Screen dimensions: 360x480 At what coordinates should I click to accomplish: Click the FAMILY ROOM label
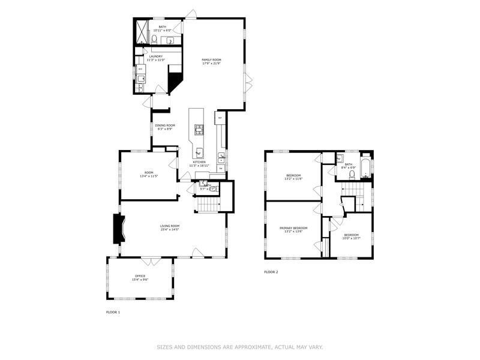(x=211, y=60)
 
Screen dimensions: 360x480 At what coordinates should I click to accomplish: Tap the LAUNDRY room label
(x=156, y=56)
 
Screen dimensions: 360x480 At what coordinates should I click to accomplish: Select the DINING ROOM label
(x=165, y=125)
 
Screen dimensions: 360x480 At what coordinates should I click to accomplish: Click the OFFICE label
(x=140, y=276)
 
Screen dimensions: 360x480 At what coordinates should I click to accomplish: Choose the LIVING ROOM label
(x=170, y=226)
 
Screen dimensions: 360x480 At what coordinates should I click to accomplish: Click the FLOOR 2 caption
(x=271, y=272)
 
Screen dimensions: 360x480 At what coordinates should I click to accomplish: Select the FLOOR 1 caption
(x=113, y=312)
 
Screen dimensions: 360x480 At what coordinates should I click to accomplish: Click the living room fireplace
(x=118, y=229)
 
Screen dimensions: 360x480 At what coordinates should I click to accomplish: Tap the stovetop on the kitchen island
(x=199, y=130)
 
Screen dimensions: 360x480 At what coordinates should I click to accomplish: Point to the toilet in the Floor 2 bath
(x=352, y=175)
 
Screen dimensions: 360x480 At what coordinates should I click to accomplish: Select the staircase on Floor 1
(x=208, y=205)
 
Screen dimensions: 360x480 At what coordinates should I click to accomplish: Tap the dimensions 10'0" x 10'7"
(x=352, y=238)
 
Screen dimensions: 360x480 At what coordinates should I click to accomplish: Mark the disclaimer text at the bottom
(x=240, y=347)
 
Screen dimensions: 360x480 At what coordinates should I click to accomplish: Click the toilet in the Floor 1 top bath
(x=154, y=40)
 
